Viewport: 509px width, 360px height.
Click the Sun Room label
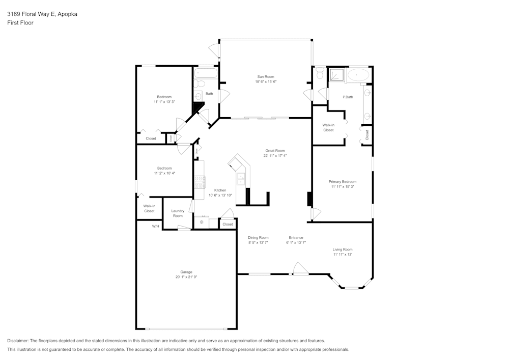266,77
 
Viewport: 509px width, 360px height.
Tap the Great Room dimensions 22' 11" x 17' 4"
275,156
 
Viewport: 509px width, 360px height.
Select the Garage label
186,272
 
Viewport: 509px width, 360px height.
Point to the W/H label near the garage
156,226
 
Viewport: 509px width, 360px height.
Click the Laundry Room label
178,213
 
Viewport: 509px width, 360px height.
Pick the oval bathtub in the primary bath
360,75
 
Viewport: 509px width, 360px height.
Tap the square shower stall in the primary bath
336,75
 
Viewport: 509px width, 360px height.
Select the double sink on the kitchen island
241,179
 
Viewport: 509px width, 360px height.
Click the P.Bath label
348,97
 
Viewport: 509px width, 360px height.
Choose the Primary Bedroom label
342,182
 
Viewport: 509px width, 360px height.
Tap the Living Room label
342,250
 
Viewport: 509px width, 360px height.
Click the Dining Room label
258,238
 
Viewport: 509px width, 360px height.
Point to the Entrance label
296,238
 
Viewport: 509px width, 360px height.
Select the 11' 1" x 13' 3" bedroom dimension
164,102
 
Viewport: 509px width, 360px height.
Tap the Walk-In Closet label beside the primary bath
328,127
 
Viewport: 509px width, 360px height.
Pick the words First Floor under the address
20,23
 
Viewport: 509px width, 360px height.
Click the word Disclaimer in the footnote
18,341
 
